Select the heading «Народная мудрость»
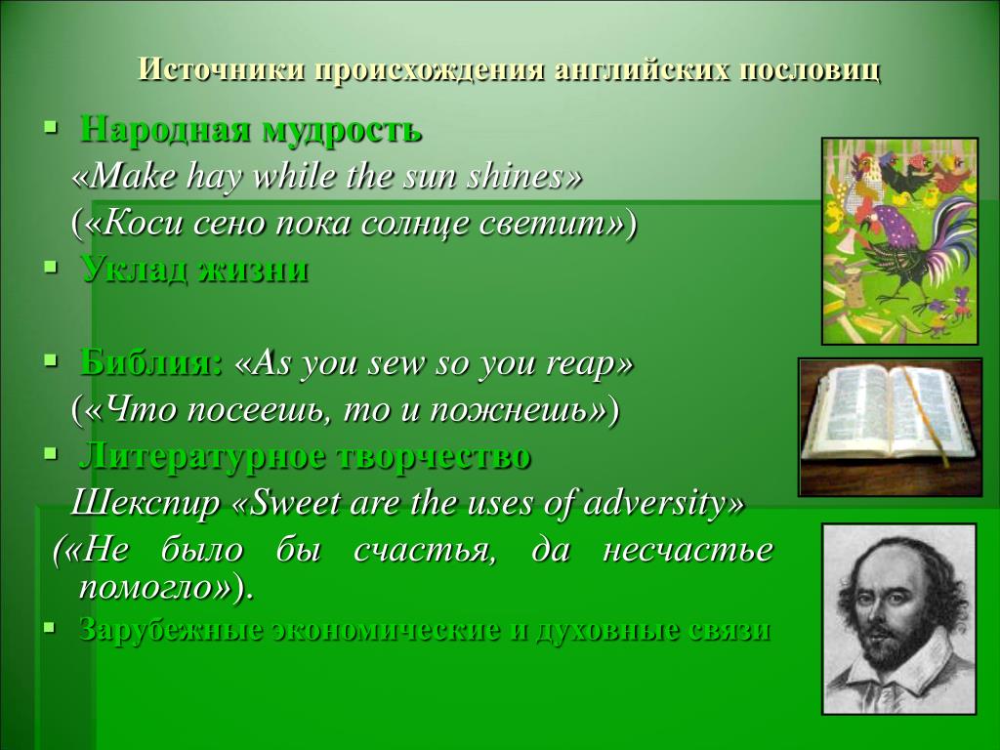(x=251, y=130)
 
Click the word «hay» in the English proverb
(x=214, y=177)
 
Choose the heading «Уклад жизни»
(x=194, y=270)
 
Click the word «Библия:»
(x=151, y=363)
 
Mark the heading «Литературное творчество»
(x=305, y=457)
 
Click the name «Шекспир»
(x=145, y=503)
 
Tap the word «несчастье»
(x=687, y=550)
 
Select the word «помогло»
(x=146, y=588)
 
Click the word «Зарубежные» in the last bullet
(x=171, y=630)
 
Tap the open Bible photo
(x=891, y=427)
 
